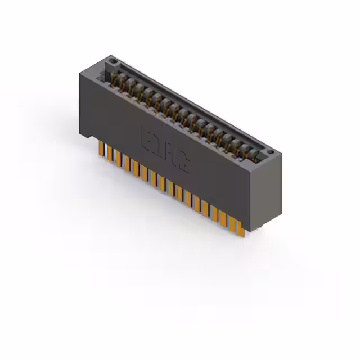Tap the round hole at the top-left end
tap(112, 60)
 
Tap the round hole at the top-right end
tap(270, 151)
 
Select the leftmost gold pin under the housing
tap(101, 149)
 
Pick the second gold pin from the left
tap(110, 154)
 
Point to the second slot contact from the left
tap(129, 84)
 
